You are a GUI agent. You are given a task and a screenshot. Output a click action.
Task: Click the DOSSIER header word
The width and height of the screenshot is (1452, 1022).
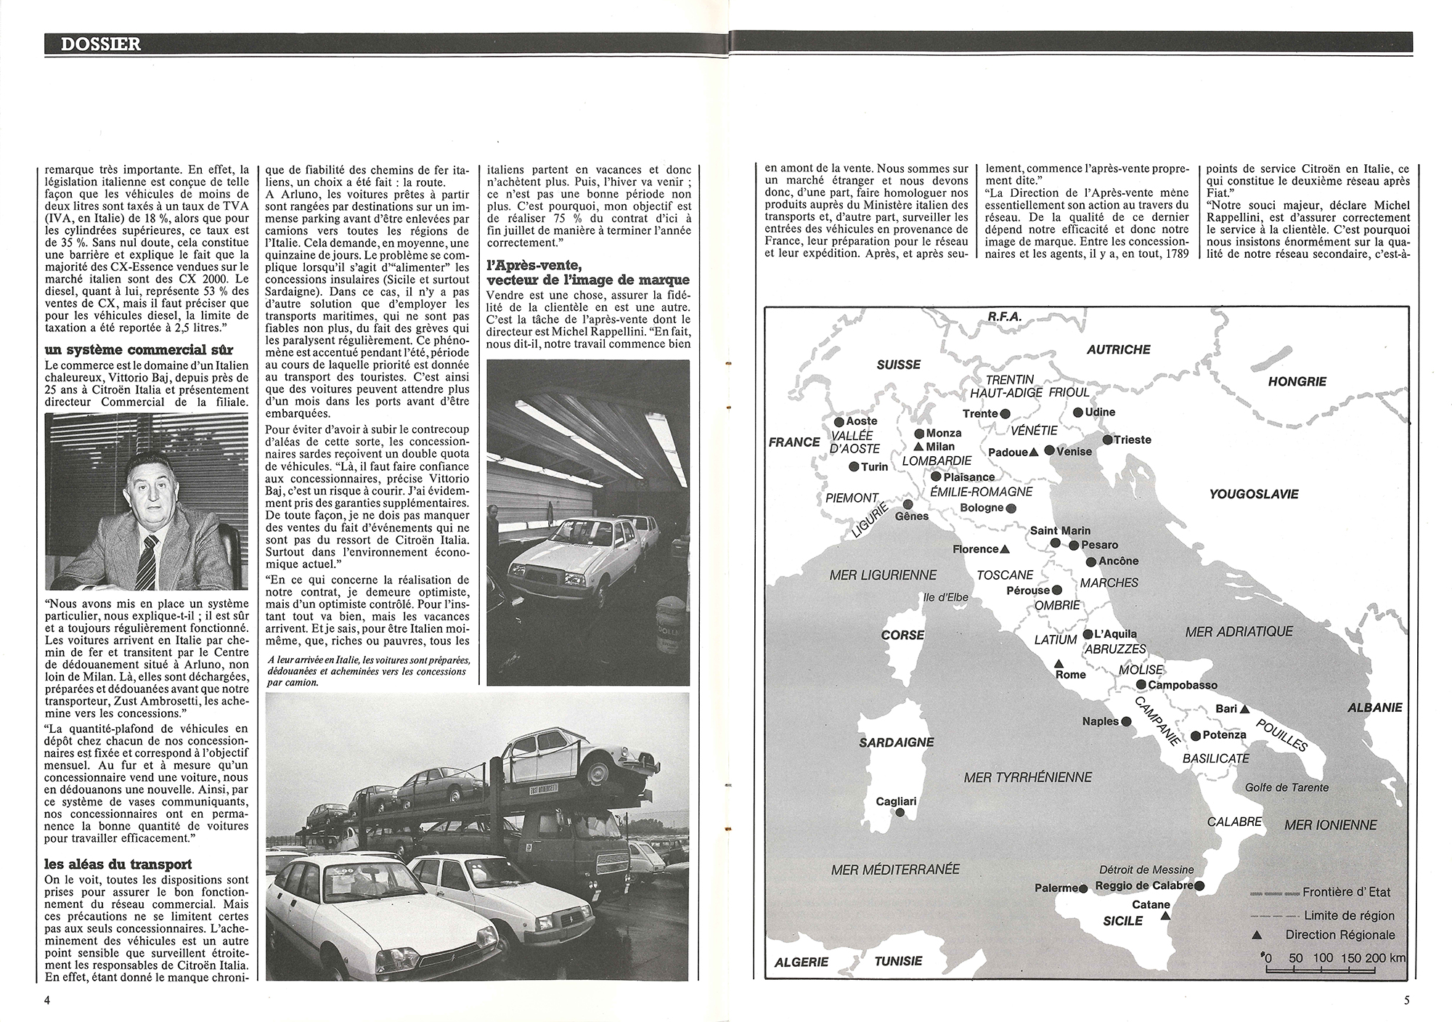coord(101,44)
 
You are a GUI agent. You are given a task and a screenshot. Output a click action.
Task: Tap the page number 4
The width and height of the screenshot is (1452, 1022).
coord(47,1000)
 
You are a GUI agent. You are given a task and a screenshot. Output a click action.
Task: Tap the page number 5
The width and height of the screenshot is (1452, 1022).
coord(1406,1000)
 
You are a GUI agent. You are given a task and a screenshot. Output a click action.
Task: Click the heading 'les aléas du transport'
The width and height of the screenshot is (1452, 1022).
coord(118,864)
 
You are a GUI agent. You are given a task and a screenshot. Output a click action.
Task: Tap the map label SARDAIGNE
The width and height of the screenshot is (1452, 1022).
coord(897,742)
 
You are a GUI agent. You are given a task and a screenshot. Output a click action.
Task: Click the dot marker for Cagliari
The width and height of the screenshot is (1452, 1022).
coord(900,814)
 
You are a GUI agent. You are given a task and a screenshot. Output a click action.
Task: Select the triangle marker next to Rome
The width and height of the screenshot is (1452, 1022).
coord(1059,663)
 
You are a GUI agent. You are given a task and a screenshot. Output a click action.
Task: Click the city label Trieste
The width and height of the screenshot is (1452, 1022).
coord(1132,439)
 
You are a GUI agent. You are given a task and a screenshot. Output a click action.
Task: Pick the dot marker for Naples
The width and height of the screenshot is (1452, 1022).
coord(1125,722)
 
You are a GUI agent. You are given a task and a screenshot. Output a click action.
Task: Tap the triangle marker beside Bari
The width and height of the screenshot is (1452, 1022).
coord(1244,708)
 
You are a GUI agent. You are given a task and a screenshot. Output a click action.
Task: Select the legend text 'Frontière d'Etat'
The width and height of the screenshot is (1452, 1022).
coord(1347,892)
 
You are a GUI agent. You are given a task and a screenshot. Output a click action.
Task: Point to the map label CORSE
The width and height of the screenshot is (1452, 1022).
coord(902,635)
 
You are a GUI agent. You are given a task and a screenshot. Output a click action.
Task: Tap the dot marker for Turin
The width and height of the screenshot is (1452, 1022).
coord(853,467)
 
